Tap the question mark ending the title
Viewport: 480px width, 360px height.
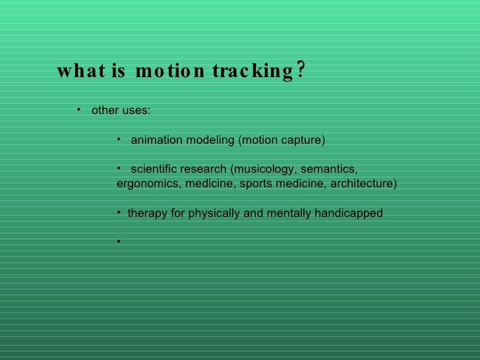pos(300,70)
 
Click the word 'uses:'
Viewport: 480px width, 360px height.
pos(136,110)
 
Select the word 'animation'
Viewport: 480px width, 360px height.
pos(157,140)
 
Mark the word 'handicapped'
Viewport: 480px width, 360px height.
pos(351,213)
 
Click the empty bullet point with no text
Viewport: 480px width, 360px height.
pos(119,241)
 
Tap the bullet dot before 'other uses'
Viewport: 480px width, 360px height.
pos(78,109)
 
